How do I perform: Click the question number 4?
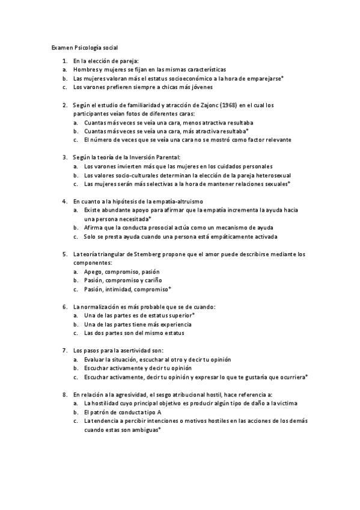64,200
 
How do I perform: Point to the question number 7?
64,350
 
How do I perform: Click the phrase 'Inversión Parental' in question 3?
145,157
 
